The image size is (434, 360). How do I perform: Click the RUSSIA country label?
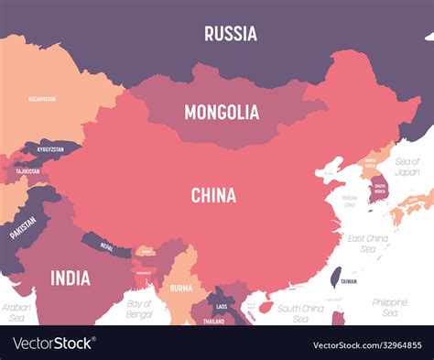pos(230,34)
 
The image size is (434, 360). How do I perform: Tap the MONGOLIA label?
pos(222,113)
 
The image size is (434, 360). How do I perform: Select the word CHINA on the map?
pos(213,195)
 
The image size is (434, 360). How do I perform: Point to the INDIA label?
pos(70,277)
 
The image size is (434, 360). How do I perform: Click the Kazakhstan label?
pos(42,98)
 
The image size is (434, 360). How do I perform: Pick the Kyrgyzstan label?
pos(50,148)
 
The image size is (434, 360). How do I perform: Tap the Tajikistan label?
pos(27,170)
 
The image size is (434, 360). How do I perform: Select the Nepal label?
pos(106,245)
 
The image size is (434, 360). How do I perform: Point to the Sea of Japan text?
pos(407,166)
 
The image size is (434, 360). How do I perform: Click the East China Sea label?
pos(366,243)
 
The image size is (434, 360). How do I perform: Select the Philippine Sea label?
pos(390,306)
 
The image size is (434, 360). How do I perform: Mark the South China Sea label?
pos(299,312)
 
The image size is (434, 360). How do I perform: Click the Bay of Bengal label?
pos(140,308)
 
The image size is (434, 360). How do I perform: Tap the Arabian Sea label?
pos(16,312)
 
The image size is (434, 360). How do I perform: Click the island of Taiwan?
pos(335,275)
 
